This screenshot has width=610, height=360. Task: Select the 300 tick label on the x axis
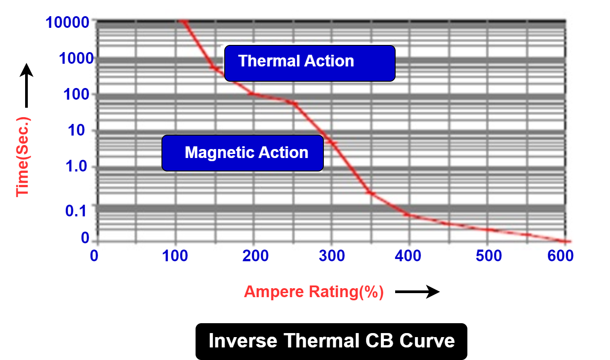coord(331,256)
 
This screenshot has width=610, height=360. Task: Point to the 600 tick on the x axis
coord(561,256)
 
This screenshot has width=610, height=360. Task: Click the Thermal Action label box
coord(309,63)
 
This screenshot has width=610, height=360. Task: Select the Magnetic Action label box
coord(242,153)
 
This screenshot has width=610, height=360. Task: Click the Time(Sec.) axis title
coord(22,157)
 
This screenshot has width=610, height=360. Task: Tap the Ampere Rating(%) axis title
coord(314,292)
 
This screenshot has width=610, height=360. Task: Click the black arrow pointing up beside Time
coord(26,85)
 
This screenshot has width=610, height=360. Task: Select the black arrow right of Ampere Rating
coord(417,292)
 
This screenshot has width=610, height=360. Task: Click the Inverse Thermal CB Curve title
coord(331,341)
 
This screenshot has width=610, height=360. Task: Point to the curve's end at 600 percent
coord(566,241)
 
